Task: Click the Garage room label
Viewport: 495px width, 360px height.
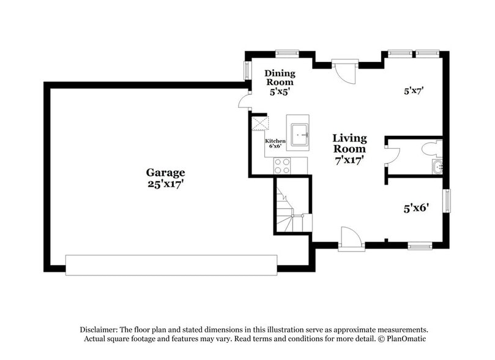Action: pos(165,173)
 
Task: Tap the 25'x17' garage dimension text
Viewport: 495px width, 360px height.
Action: pos(165,184)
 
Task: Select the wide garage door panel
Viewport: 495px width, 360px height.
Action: pos(171,264)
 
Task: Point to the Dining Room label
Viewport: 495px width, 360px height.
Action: pos(279,77)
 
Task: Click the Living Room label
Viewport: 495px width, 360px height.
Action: pos(349,143)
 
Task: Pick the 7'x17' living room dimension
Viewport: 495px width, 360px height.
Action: pos(349,160)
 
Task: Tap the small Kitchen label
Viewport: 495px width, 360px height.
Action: pos(275,141)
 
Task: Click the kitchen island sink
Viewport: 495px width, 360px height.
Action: pos(298,133)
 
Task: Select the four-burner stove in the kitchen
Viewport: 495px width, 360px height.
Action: pos(282,165)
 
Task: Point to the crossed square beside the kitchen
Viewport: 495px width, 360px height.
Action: pos(260,124)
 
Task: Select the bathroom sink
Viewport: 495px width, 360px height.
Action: pos(437,166)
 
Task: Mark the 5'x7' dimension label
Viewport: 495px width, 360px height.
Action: pos(414,91)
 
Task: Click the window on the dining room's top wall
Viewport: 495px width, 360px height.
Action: pos(286,54)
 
